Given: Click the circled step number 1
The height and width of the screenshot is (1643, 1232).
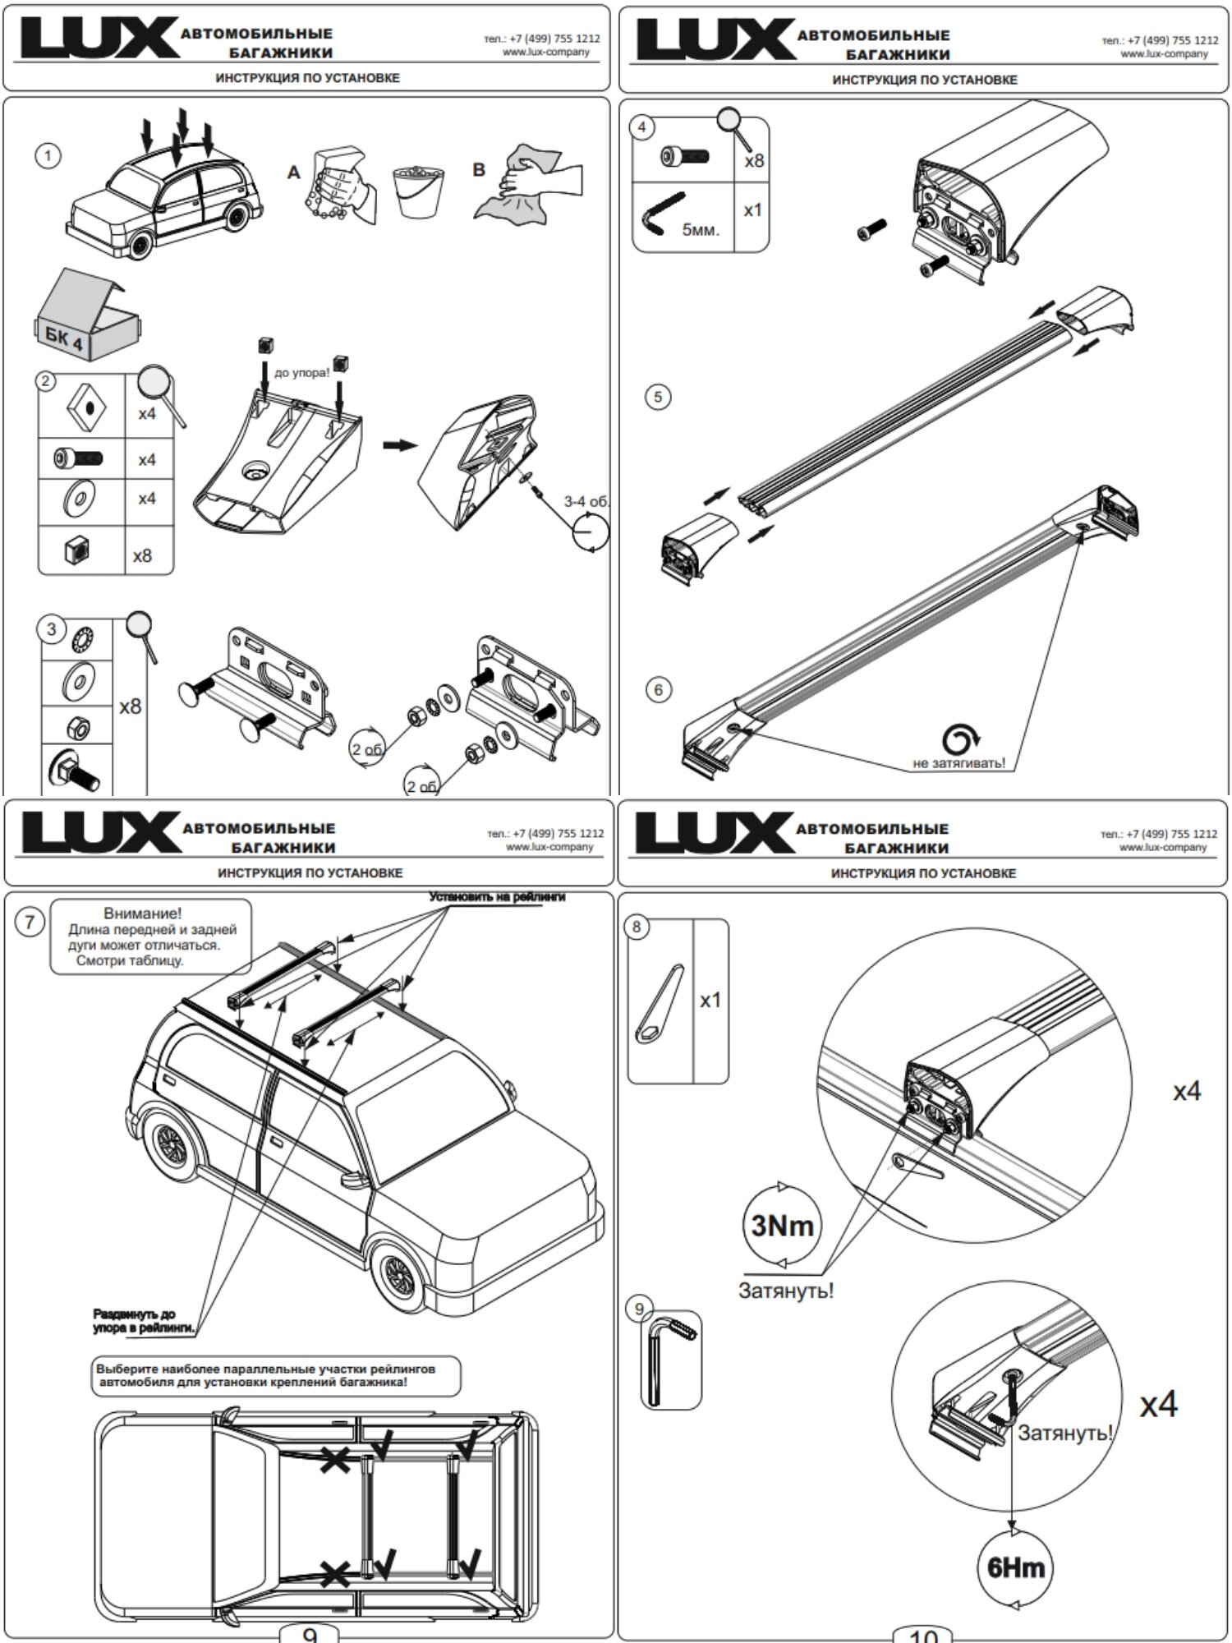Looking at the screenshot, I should click(48, 155).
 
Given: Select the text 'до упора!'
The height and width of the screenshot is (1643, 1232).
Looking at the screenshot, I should click(302, 373).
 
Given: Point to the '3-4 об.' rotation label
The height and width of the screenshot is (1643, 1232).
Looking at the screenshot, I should click(586, 501).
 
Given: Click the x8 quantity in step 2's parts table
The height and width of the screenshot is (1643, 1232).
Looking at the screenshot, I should click(143, 556).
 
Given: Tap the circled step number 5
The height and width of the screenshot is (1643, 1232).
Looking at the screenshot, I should click(657, 397).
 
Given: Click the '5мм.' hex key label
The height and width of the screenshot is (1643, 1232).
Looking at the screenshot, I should click(700, 229).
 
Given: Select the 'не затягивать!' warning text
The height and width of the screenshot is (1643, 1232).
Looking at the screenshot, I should click(958, 763).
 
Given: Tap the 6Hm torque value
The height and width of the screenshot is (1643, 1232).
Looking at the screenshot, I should click(1016, 1567).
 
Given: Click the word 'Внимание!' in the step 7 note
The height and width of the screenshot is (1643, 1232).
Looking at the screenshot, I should click(143, 913).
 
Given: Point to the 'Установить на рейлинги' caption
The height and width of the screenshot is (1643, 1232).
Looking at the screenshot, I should click(497, 897).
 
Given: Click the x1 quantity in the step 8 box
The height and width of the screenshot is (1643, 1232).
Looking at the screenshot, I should click(710, 1000).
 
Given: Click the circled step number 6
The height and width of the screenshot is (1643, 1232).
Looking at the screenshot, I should click(658, 689).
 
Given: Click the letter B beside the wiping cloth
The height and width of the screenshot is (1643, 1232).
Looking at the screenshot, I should click(479, 170).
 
